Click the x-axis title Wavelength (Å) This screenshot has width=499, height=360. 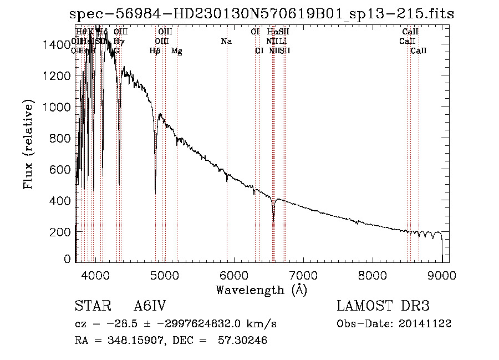(261, 289)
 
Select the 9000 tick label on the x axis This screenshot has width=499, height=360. (441, 275)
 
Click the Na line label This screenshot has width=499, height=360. (226, 41)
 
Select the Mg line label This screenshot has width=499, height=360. (176, 51)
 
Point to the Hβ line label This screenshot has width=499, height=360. (155, 51)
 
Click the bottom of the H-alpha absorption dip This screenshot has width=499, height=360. (273, 220)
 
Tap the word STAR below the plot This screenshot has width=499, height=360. (89, 307)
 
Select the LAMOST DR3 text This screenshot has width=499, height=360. (383, 307)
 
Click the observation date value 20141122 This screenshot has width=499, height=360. (425, 323)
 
